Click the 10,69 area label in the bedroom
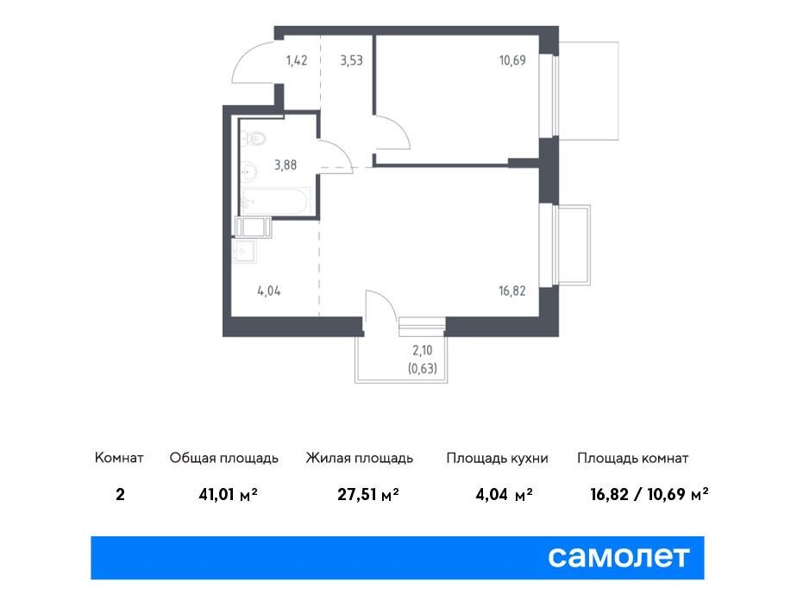(x=512, y=60)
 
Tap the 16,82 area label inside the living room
(x=511, y=291)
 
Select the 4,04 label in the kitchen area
(x=269, y=291)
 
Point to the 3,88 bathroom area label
(x=286, y=165)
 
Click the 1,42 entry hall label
(x=297, y=60)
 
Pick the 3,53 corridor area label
(x=351, y=60)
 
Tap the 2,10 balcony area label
(x=423, y=350)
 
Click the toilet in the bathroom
(x=254, y=138)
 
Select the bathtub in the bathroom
(x=274, y=201)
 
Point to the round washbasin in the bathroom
(x=248, y=172)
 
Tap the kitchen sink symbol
(x=244, y=252)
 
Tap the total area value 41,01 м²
(x=229, y=494)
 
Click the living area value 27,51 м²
(x=368, y=494)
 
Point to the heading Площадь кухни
(x=497, y=458)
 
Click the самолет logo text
(x=618, y=557)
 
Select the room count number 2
(x=120, y=494)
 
